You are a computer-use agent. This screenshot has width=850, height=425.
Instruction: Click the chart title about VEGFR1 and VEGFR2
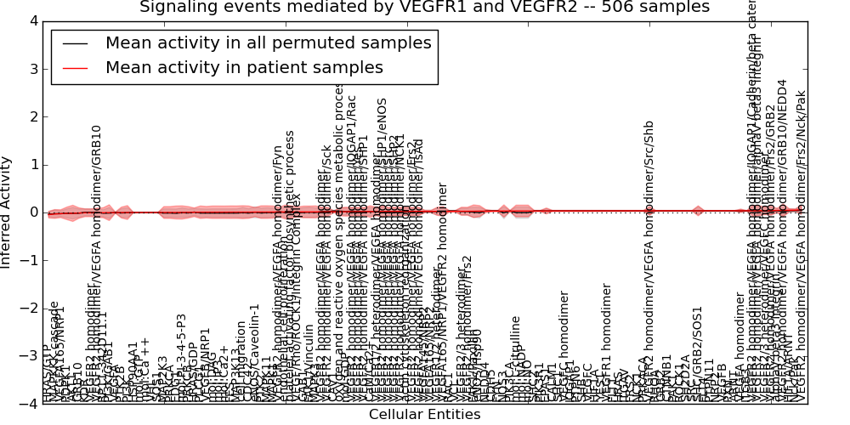pos(424,8)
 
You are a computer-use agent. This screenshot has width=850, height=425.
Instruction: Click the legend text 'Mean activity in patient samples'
pos(244,67)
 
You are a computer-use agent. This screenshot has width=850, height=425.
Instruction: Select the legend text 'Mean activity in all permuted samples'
pos(268,42)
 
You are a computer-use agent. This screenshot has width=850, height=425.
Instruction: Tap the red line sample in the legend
pos(75,68)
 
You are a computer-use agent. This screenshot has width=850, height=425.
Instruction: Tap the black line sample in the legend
pos(75,43)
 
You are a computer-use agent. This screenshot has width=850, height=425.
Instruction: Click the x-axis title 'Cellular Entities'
pos(424,415)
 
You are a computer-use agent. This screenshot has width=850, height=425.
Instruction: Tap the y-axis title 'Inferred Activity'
pos(8,212)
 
